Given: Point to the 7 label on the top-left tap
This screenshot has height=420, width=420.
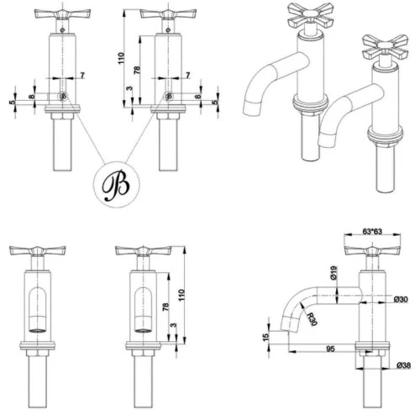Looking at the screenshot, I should pos(82,76).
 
